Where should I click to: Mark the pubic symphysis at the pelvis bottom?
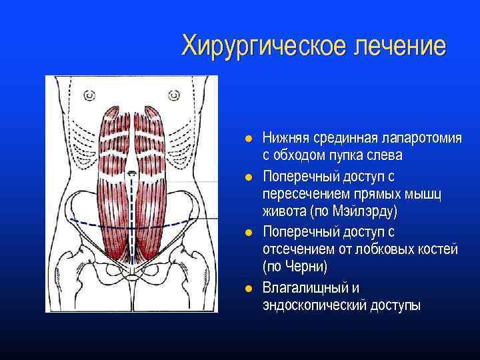132,275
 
